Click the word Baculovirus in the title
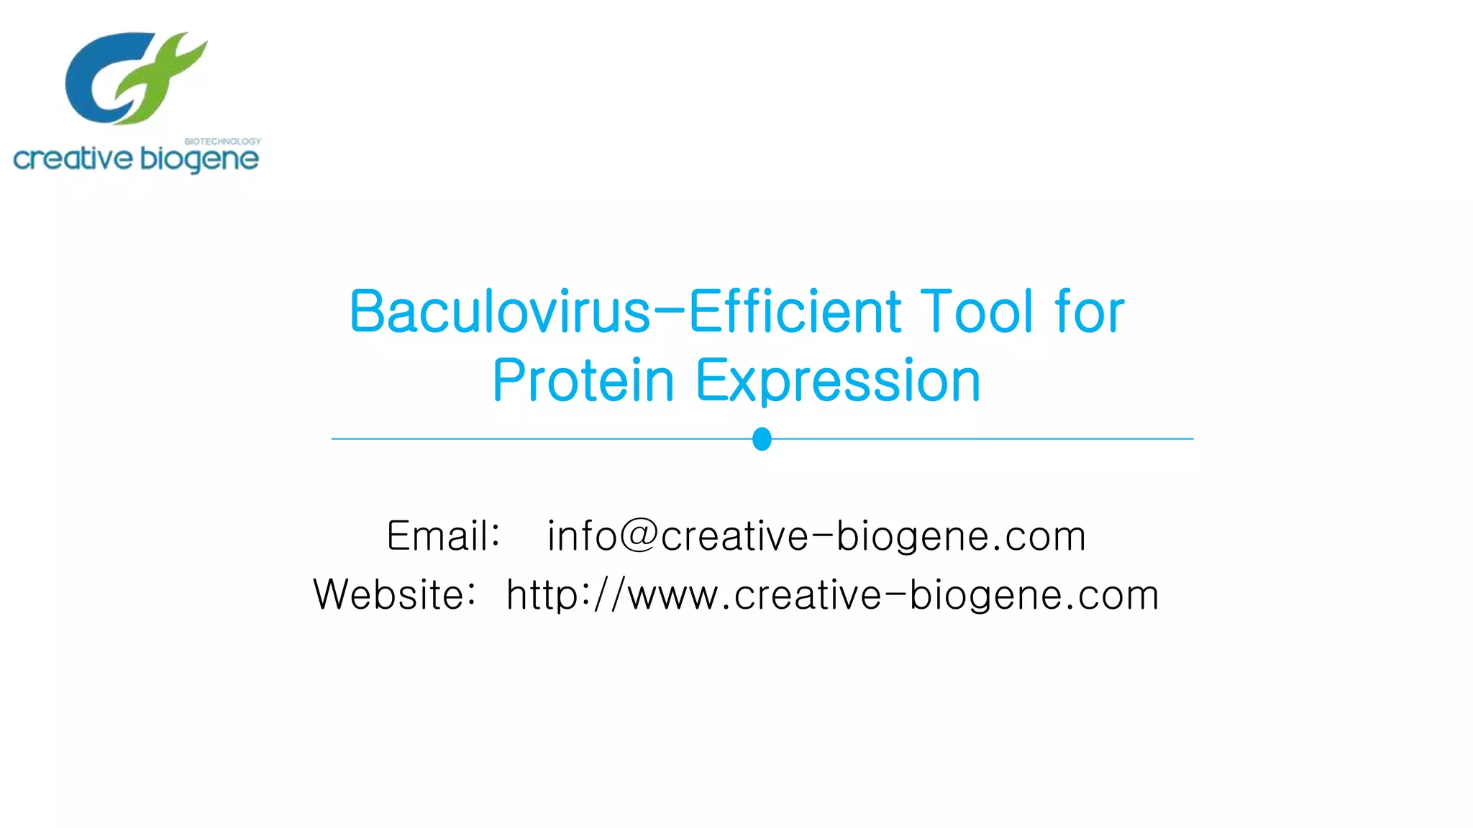tap(499, 312)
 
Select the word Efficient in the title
tap(795, 312)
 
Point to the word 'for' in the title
tap(1089, 312)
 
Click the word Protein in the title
tap(583, 381)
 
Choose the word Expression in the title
tap(837, 381)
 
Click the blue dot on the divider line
tap(762, 438)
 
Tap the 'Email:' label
tap(443, 536)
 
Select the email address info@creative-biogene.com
tap(816, 536)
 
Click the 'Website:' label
tap(394, 595)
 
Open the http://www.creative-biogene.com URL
tap(832, 595)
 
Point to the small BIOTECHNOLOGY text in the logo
tap(222, 142)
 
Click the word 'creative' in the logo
tap(73, 159)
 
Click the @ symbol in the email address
tap(639, 536)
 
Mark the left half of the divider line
tap(539, 438)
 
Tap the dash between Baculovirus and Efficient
tap(670, 312)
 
